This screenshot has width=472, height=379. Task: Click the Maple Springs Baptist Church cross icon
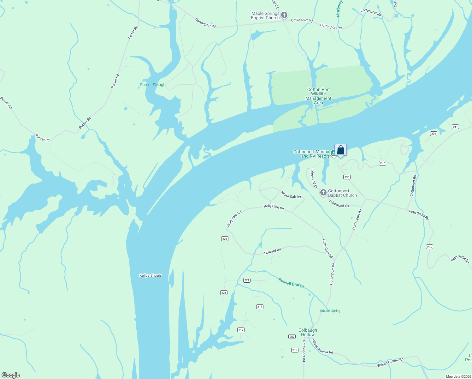point(284,15)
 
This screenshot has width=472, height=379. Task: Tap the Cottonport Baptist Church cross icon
point(323,193)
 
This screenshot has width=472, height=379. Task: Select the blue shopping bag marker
point(340,150)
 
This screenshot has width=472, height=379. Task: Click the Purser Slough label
point(152,85)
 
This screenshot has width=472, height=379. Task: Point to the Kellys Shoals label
point(150,275)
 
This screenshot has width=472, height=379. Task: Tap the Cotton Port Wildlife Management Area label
point(318,96)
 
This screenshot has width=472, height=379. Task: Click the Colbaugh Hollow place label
point(308,332)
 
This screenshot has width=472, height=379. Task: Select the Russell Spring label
point(330,311)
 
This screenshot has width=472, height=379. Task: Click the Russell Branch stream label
point(291,283)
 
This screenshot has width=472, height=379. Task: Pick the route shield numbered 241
point(455,127)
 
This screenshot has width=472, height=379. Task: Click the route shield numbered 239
point(434,134)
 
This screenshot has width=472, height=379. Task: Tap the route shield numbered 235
point(347,177)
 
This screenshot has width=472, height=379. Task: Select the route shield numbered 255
point(429,247)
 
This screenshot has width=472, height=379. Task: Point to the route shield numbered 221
point(247,280)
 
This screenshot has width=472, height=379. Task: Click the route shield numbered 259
point(292,337)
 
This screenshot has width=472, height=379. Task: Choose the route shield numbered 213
point(295,350)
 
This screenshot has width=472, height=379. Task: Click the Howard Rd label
point(272,251)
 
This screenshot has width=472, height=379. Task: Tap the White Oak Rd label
point(291,195)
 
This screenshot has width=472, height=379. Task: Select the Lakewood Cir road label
point(339,204)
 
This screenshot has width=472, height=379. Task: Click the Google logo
point(11,375)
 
